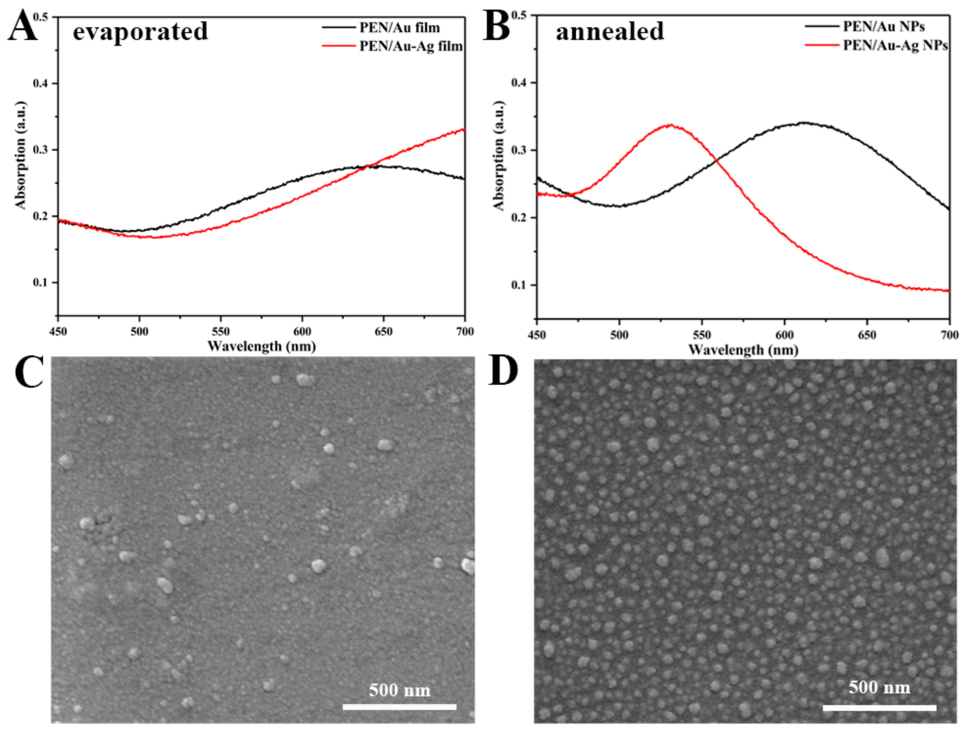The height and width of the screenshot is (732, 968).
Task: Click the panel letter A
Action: point(23,27)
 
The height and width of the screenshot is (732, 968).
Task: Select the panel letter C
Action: point(29,372)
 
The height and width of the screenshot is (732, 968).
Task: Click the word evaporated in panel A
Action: point(140,31)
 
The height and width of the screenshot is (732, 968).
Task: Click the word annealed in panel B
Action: point(610,31)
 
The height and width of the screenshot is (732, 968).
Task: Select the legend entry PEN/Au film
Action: point(399,27)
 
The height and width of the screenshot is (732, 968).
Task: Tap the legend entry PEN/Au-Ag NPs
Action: point(895,45)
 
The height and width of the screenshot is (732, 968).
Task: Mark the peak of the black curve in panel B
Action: point(804,123)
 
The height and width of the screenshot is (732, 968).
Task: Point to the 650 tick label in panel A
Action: point(383,331)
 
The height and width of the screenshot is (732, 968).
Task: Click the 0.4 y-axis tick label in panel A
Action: point(40,83)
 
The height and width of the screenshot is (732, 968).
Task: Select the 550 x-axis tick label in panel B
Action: point(702,335)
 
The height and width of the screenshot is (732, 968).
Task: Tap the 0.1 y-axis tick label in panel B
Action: point(519,285)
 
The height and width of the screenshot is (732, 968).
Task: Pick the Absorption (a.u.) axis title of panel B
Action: point(499,155)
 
